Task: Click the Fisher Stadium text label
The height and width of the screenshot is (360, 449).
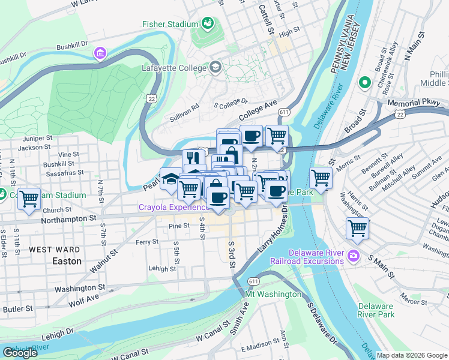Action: point(170,24)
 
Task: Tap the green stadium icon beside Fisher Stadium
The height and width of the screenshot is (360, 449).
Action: point(208,23)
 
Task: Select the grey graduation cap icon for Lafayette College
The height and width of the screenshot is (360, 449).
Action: point(215,68)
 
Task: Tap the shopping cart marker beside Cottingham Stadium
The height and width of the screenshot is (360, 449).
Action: point(29,199)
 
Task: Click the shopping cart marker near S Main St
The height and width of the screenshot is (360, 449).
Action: point(358,227)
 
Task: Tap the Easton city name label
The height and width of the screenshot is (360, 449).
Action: point(67,261)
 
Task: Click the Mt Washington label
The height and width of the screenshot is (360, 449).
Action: point(273,294)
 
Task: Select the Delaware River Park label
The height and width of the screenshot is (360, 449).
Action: point(376,310)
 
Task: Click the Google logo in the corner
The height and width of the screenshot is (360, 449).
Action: point(20,353)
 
